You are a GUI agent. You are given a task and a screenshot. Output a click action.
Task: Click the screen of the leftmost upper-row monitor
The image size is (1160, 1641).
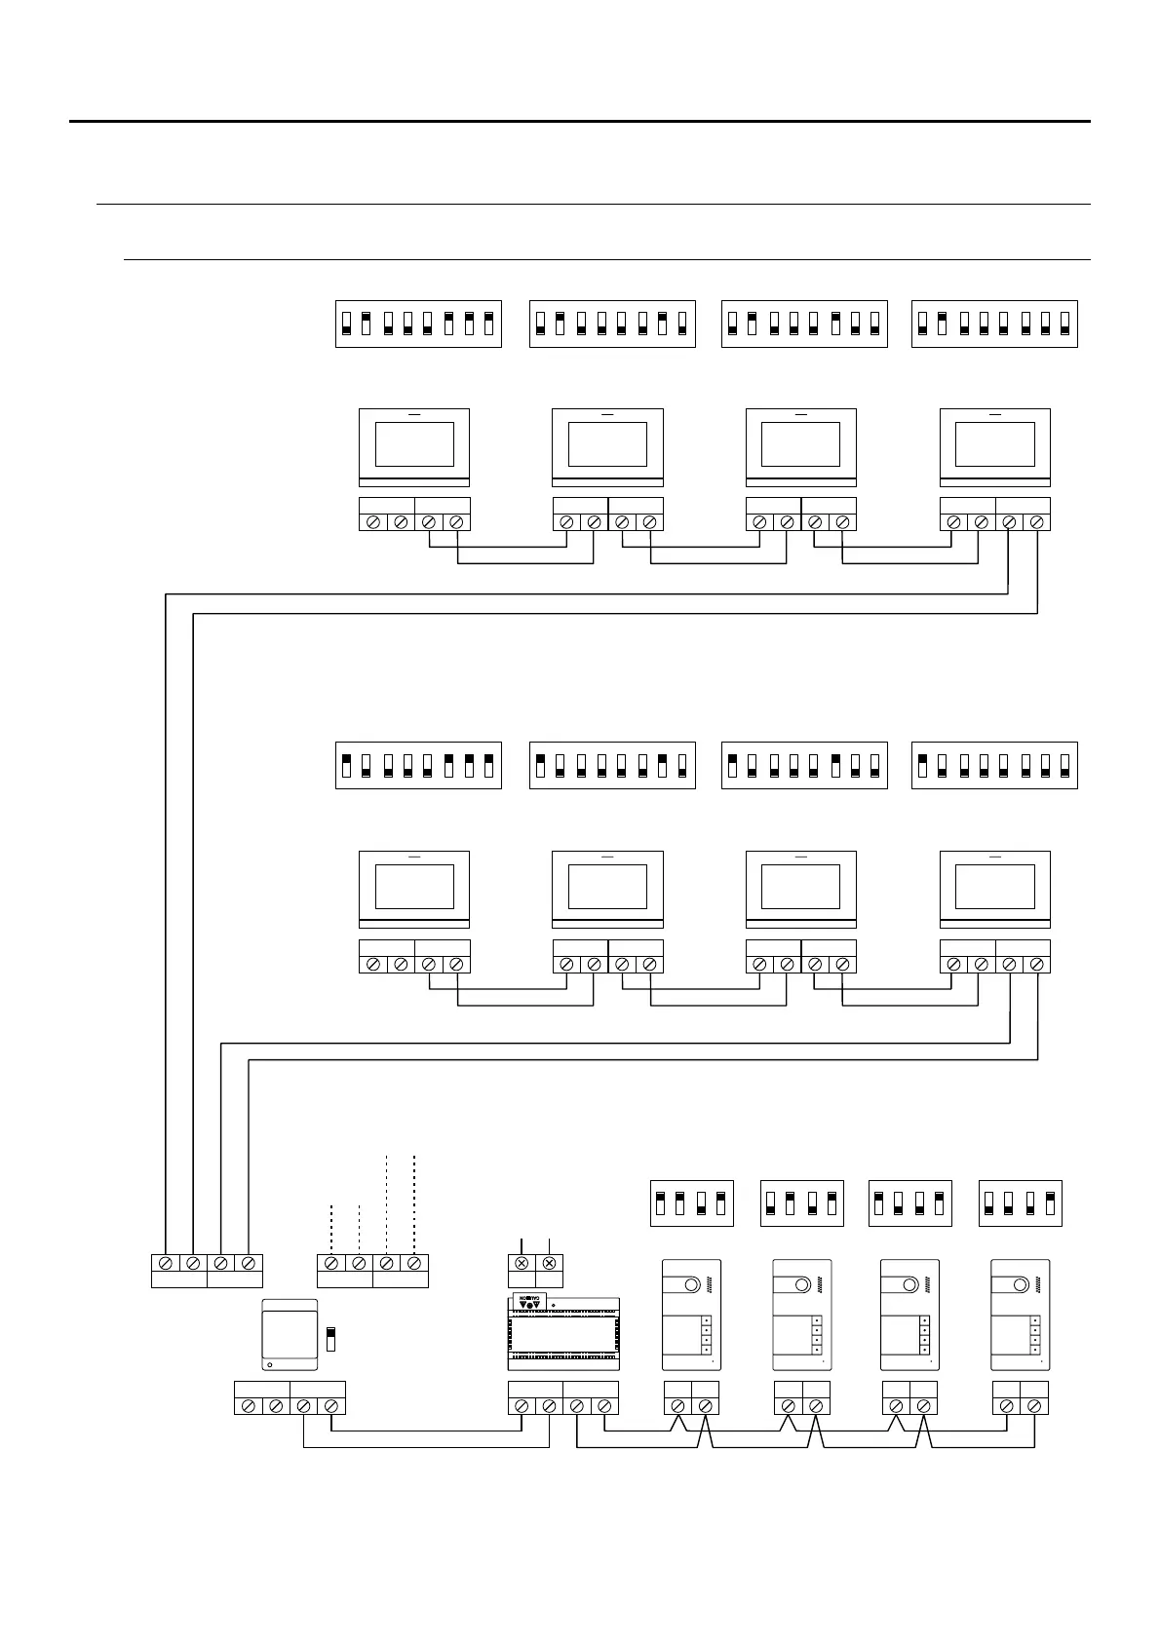(x=414, y=444)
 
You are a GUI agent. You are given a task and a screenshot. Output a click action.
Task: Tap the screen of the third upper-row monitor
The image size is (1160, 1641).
(x=800, y=444)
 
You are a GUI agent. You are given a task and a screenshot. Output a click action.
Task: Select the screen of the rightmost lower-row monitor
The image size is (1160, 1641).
(x=994, y=887)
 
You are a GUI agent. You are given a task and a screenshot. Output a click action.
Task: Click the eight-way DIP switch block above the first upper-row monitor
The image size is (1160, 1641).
(x=418, y=324)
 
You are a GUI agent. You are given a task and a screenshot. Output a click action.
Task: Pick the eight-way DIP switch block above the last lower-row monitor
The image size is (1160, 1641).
(x=994, y=765)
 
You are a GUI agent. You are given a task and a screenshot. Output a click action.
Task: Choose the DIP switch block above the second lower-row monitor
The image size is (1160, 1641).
(x=612, y=765)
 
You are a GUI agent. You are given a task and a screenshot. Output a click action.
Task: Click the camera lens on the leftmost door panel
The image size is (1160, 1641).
(x=691, y=1285)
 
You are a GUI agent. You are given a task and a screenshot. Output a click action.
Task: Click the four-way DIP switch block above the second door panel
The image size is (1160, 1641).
(x=801, y=1203)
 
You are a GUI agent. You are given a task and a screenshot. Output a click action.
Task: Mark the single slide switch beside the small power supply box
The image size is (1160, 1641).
(x=330, y=1337)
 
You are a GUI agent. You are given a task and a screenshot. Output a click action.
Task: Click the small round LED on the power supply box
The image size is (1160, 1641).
(x=270, y=1364)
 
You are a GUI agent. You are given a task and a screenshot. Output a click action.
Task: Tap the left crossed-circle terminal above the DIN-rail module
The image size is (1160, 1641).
(x=522, y=1263)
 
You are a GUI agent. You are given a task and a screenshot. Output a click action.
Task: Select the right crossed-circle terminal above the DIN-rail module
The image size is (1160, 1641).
(x=550, y=1263)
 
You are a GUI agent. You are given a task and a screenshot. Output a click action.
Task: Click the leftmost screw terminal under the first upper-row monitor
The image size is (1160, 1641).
(x=372, y=522)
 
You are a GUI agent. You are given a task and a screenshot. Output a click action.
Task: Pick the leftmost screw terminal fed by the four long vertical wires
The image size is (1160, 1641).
(x=166, y=1263)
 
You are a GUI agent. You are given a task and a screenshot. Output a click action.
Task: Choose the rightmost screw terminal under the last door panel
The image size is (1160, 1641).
(x=1034, y=1406)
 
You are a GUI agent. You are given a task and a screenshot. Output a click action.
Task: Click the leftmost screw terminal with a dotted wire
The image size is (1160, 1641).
(x=331, y=1263)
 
